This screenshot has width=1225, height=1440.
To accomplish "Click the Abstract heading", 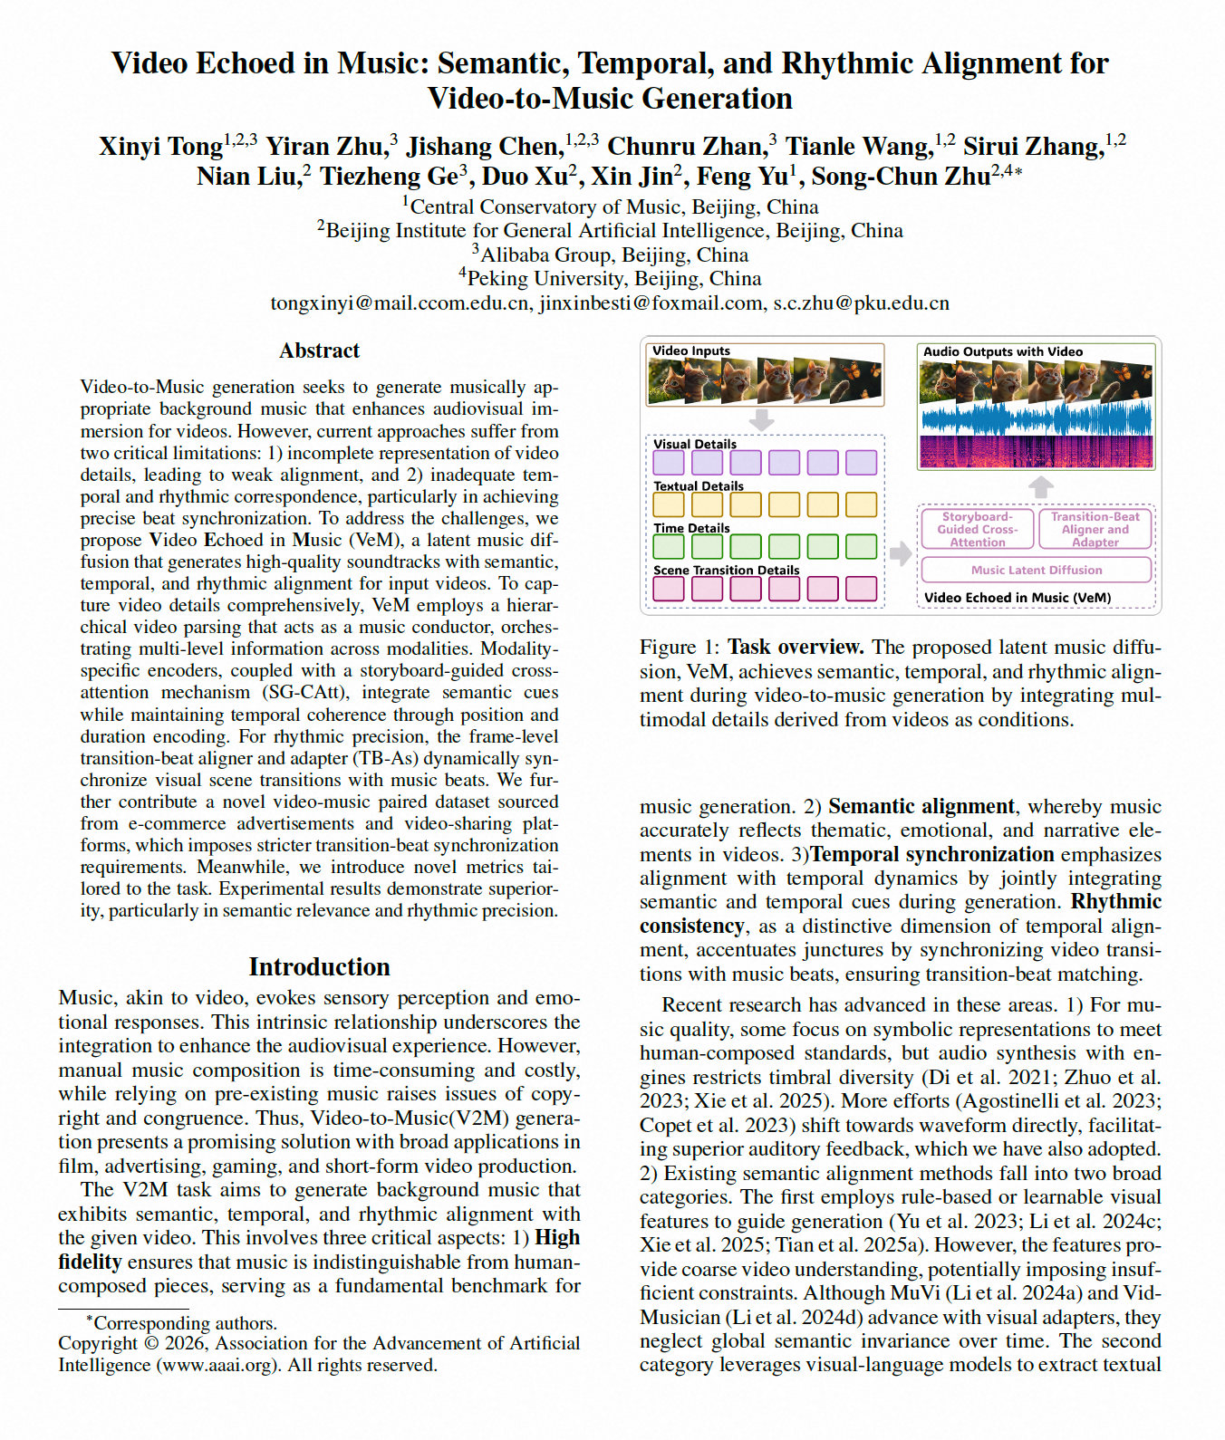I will click(319, 350).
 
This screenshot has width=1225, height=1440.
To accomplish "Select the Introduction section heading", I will click(319, 966).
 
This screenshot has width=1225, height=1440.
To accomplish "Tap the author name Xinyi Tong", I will click(160, 147).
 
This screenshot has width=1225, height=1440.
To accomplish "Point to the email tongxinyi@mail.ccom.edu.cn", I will click(400, 303).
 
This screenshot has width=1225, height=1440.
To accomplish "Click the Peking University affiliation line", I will click(612, 279).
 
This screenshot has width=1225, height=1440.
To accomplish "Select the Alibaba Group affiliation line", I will click(612, 255).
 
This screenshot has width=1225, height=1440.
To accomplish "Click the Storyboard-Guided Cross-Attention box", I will click(977, 529).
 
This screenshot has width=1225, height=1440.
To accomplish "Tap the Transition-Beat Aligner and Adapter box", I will click(1095, 529).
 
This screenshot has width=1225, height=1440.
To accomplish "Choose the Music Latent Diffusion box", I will click(1036, 570).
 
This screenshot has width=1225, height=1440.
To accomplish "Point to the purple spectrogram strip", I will click(1036, 451).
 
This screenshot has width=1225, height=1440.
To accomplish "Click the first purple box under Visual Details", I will click(669, 463).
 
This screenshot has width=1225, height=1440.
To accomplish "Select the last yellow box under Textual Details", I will click(861, 504).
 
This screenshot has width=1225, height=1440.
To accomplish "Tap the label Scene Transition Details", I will click(726, 571).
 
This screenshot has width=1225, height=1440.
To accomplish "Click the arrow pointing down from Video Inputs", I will click(762, 419).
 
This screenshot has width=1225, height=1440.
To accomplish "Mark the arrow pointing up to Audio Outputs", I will click(1040, 487).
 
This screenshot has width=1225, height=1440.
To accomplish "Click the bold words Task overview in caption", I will click(795, 648).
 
